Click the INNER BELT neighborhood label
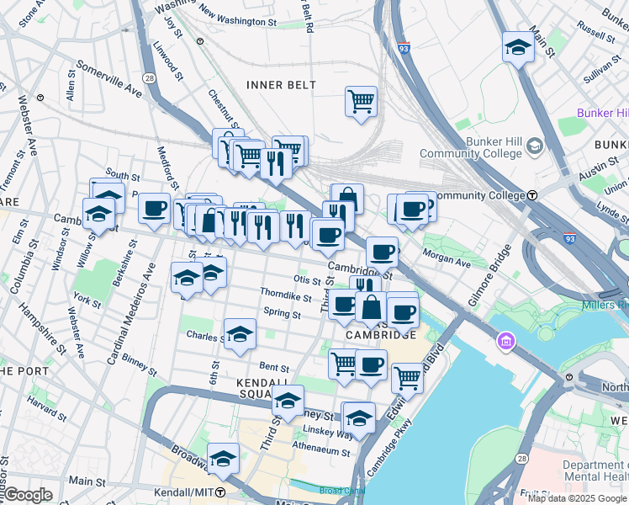(x=282, y=85)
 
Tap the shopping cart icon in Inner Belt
(x=361, y=102)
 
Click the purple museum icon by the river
(x=505, y=341)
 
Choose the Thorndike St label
(x=286, y=295)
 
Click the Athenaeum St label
(x=320, y=451)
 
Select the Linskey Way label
(x=335, y=433)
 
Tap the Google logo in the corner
(x=28, y=495)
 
